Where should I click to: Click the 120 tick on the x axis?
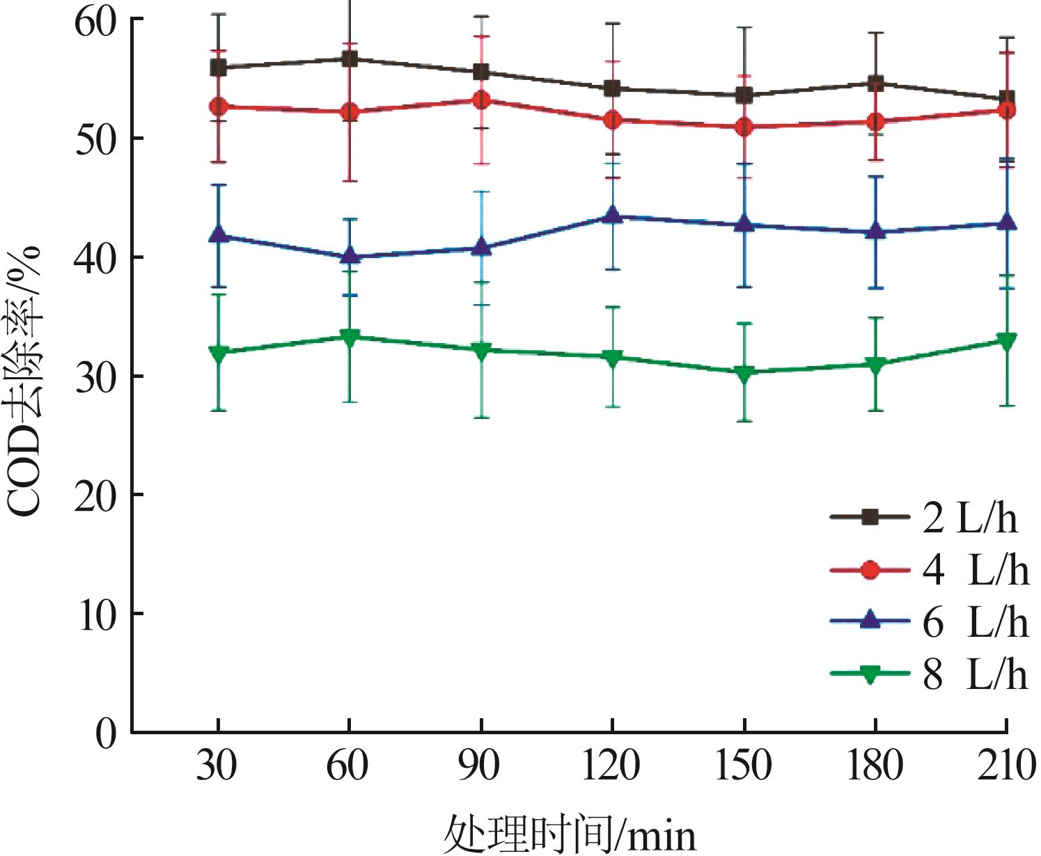click(611, 766)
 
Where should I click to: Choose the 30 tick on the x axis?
click(217, 766)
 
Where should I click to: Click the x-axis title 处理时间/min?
click(570, 832)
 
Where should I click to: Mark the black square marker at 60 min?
click(349, 59)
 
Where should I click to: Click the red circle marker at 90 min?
click(480, 100)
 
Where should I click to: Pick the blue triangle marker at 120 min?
click(612, 215)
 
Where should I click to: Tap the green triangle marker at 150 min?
click(744, 374)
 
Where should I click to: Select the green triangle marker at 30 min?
click(218, 353)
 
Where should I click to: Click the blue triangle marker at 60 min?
click(350, 255)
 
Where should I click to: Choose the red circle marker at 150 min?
click(744, 127)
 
